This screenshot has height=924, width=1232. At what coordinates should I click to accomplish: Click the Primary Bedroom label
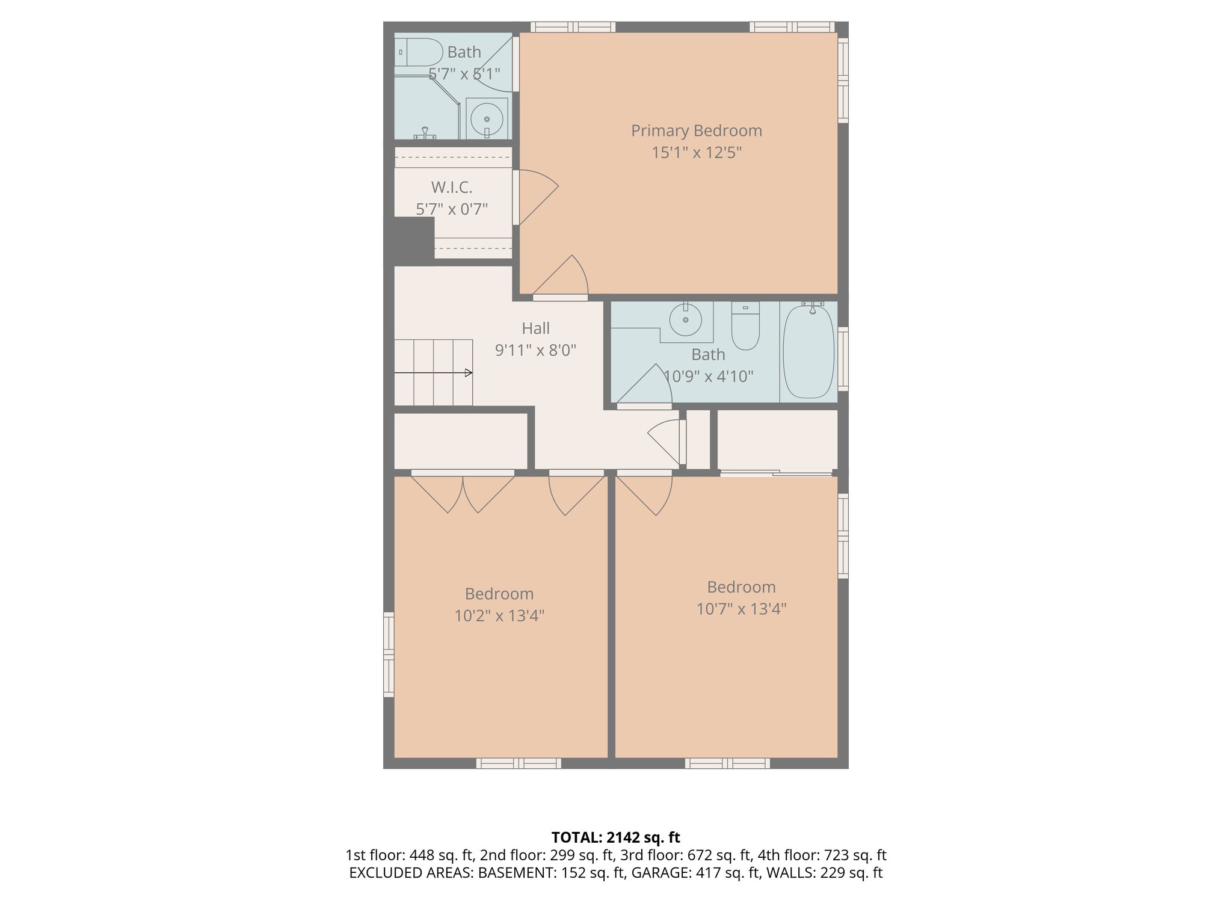coord(696,131)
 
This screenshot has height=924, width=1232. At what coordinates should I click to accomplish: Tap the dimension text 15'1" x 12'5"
coord(696,153)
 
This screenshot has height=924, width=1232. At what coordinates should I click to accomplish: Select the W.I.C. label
coord(451,187)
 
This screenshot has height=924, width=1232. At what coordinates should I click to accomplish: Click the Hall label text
coord(535,328)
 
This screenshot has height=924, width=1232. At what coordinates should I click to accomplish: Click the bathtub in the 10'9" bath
coord(808,352)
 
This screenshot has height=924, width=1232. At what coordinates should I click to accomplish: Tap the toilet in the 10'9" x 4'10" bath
coord(745,327)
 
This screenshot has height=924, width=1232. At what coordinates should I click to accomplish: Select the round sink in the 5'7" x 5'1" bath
coord(486,119)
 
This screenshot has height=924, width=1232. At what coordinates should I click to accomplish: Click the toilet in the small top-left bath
coord(419,52)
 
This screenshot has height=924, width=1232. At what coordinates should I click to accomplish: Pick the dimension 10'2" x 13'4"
coord(499,616)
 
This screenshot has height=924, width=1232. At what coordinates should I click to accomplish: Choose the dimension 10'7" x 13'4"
coord(741,609)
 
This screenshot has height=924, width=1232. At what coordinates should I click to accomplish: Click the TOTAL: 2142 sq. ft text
coord(615,837)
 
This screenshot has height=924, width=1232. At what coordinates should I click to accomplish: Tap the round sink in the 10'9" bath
coord(686,319)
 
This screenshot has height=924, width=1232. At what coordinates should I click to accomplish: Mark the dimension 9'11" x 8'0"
coord(535,350)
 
